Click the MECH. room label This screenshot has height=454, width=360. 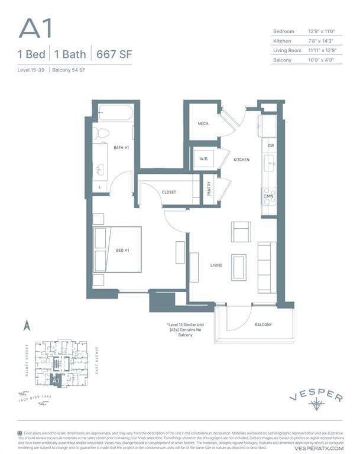(x=204, y=124)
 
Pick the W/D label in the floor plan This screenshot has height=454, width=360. (x=204, y=159)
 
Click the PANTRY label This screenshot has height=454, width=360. (x=210, y=189)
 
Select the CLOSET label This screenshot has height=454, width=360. (x=169, y=192)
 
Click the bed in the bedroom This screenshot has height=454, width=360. (x=118, y=249)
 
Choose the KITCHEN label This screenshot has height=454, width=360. (x=241, y=160)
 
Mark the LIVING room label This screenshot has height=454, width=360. (x=216, y=265)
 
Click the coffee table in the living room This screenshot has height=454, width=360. (x=239, y=267)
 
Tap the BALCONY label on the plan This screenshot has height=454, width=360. (x=264, y=325)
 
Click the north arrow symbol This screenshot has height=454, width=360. (x=26, y=325)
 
